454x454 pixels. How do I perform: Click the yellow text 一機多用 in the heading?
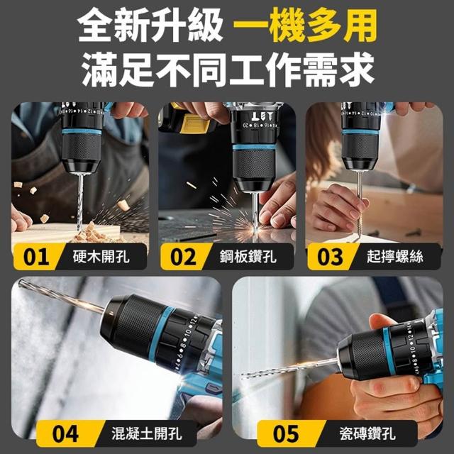click(305, 26)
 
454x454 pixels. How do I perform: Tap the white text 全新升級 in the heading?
click(150, 26)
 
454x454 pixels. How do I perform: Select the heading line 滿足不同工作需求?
click(228, 70)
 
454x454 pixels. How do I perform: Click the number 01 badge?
click(36, 257)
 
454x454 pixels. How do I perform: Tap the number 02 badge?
click(183, 257)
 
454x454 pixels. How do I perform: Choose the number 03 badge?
click(330, 257)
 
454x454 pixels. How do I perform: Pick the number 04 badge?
click(65, 433)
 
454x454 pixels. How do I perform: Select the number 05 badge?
click(286, 433)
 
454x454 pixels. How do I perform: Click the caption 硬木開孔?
click(101, 257)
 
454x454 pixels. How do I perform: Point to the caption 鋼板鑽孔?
click(248, 257)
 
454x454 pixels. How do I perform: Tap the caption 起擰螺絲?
click(395, 257)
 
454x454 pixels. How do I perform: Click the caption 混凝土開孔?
click(147, 433)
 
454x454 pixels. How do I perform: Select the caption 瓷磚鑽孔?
click(367, 433)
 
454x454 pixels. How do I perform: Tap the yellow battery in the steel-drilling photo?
click(194, 123)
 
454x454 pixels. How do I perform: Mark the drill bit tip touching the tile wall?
click(243, 375)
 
